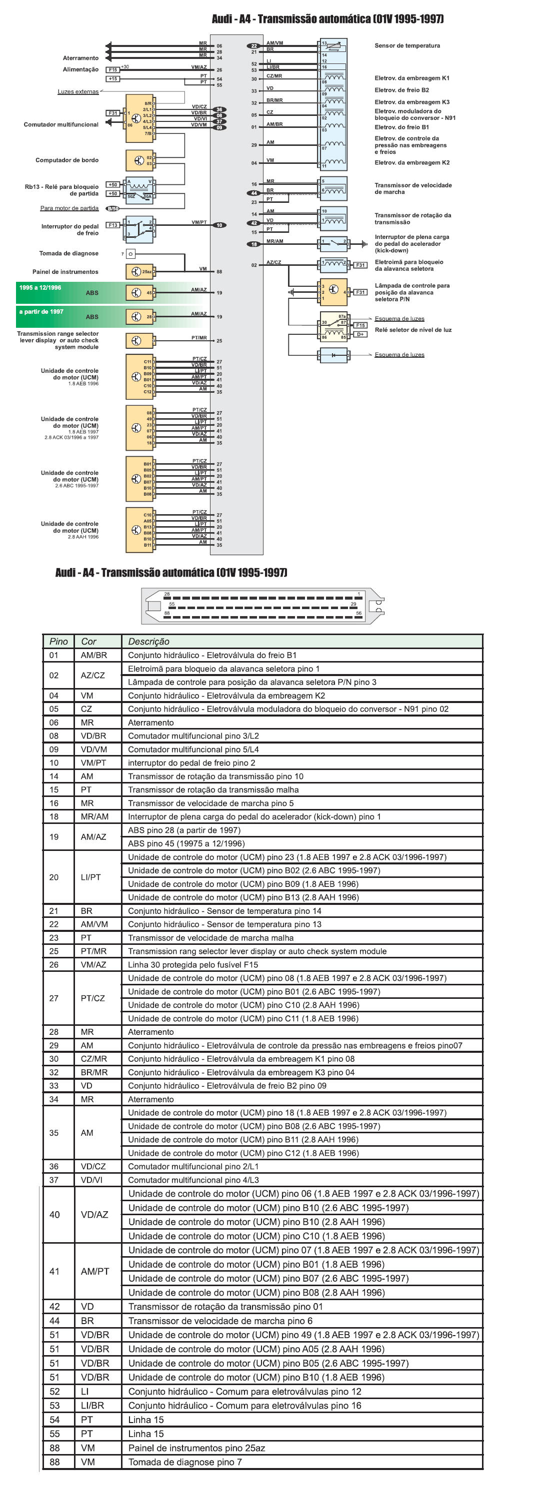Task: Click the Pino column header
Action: (x=58, y=641)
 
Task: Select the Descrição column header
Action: (x=148, y=641)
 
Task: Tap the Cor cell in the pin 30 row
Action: (x=93, y=1059)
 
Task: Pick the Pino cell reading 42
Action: (x=54, y=1307)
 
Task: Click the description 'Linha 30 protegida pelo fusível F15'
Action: (x=193, y=964)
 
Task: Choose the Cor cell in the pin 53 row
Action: (x=92, y=1406)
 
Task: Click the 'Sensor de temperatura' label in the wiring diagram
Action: (x=407, y=45)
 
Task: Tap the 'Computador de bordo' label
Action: (x=66, y=160)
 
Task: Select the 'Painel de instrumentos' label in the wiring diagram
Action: (x=65, y=271)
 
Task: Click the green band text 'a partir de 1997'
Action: (x=41, y=311)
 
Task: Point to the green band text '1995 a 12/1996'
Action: (x=39, y=287)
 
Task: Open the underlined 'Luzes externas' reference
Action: (x=78, y=91)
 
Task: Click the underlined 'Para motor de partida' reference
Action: (x=69, y=208)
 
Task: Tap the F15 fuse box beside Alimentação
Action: (x=112, y=69)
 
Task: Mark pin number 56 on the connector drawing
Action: (x=358, y=613)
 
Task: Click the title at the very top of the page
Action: (x=327, y=18)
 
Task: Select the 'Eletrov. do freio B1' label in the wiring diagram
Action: (x=401, y=127)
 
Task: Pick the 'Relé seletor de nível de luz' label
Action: (x=413, y=330)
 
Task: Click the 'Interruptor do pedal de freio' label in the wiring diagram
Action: (x=69, y=229)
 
